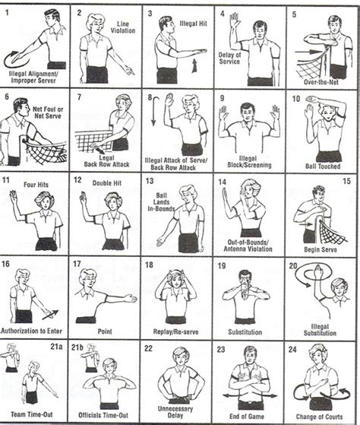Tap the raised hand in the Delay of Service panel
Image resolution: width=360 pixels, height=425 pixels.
click(236, 21)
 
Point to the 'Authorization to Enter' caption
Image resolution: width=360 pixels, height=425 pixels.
click(33, 331)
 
